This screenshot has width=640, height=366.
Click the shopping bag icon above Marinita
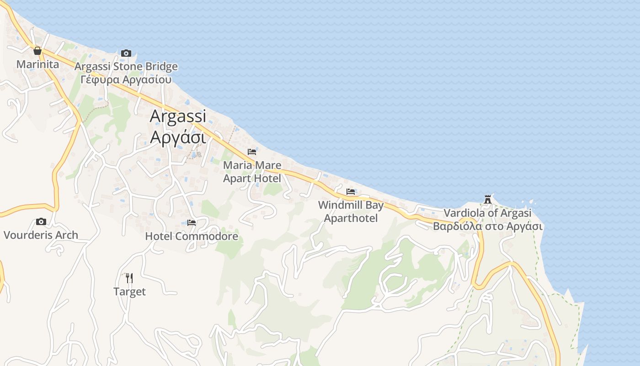37,51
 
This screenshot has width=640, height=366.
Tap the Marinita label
37,64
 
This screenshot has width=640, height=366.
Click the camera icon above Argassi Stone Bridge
126,53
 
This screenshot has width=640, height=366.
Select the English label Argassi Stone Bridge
126,67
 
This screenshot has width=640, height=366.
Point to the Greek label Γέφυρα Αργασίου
126,80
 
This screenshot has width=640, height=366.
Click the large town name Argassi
178,116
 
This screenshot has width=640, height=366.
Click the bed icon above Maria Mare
252,151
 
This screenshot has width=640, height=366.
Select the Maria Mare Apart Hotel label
252,171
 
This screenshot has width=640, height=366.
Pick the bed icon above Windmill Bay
351,191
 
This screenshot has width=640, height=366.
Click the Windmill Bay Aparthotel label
351,211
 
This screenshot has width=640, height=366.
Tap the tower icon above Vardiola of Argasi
488,199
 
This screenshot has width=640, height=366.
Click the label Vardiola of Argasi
488,213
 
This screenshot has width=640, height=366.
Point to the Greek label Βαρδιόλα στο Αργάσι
488,226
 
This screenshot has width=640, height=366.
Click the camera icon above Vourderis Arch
41,222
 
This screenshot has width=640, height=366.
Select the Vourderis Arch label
41,235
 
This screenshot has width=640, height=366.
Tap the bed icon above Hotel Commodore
192,223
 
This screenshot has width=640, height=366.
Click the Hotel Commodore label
192,236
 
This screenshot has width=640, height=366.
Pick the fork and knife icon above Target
129,278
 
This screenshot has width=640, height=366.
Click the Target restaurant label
129,291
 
